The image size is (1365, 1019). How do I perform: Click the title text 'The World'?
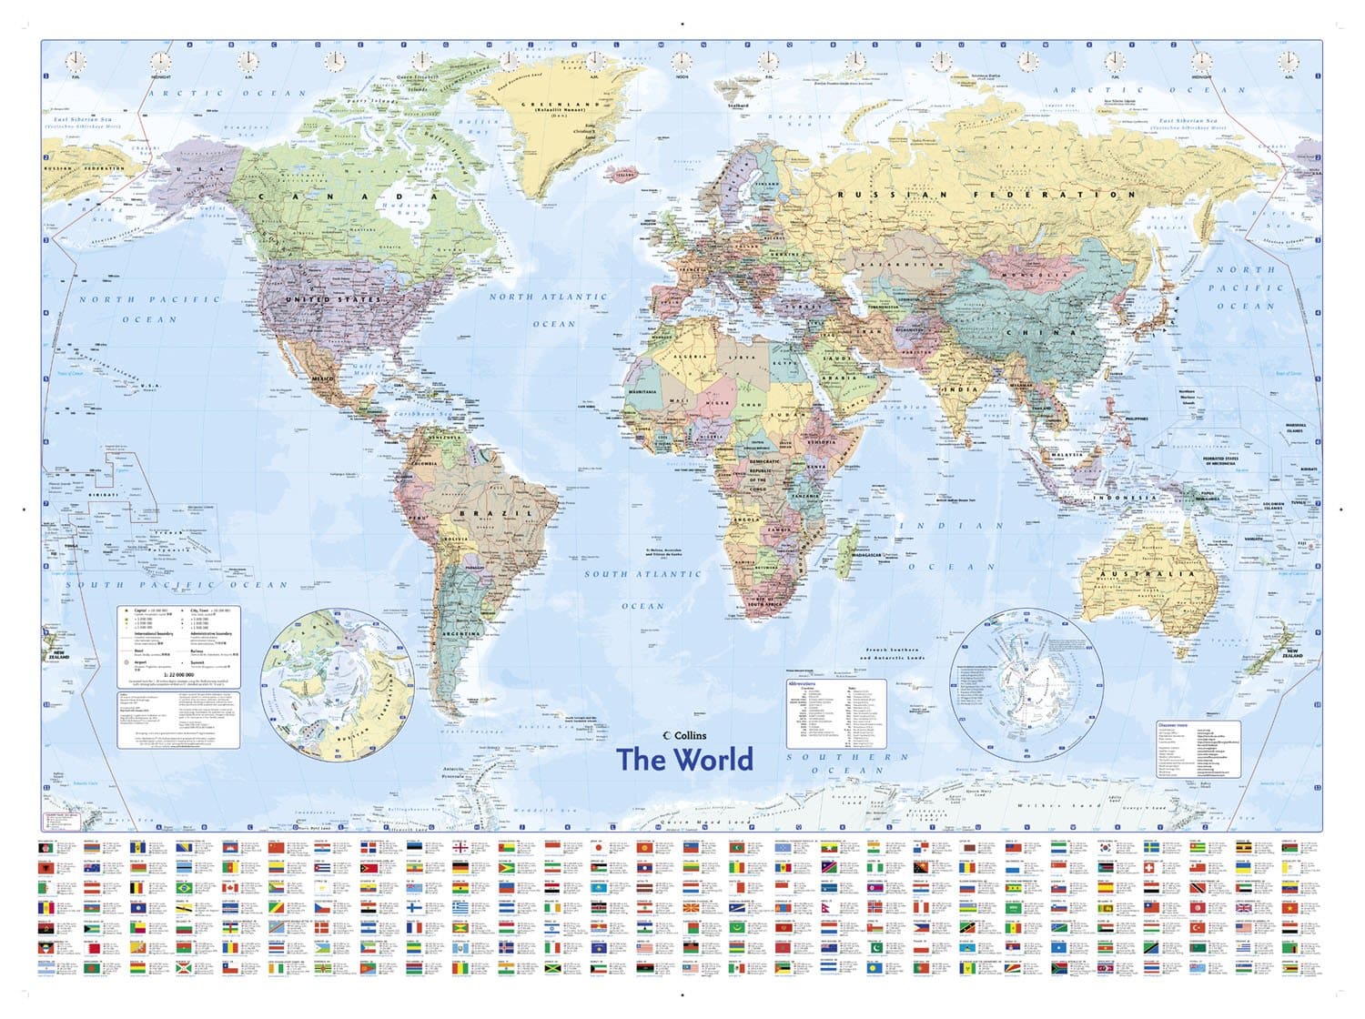coord(684,760)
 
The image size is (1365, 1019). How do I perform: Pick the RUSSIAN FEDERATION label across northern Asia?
coord(986,195)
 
